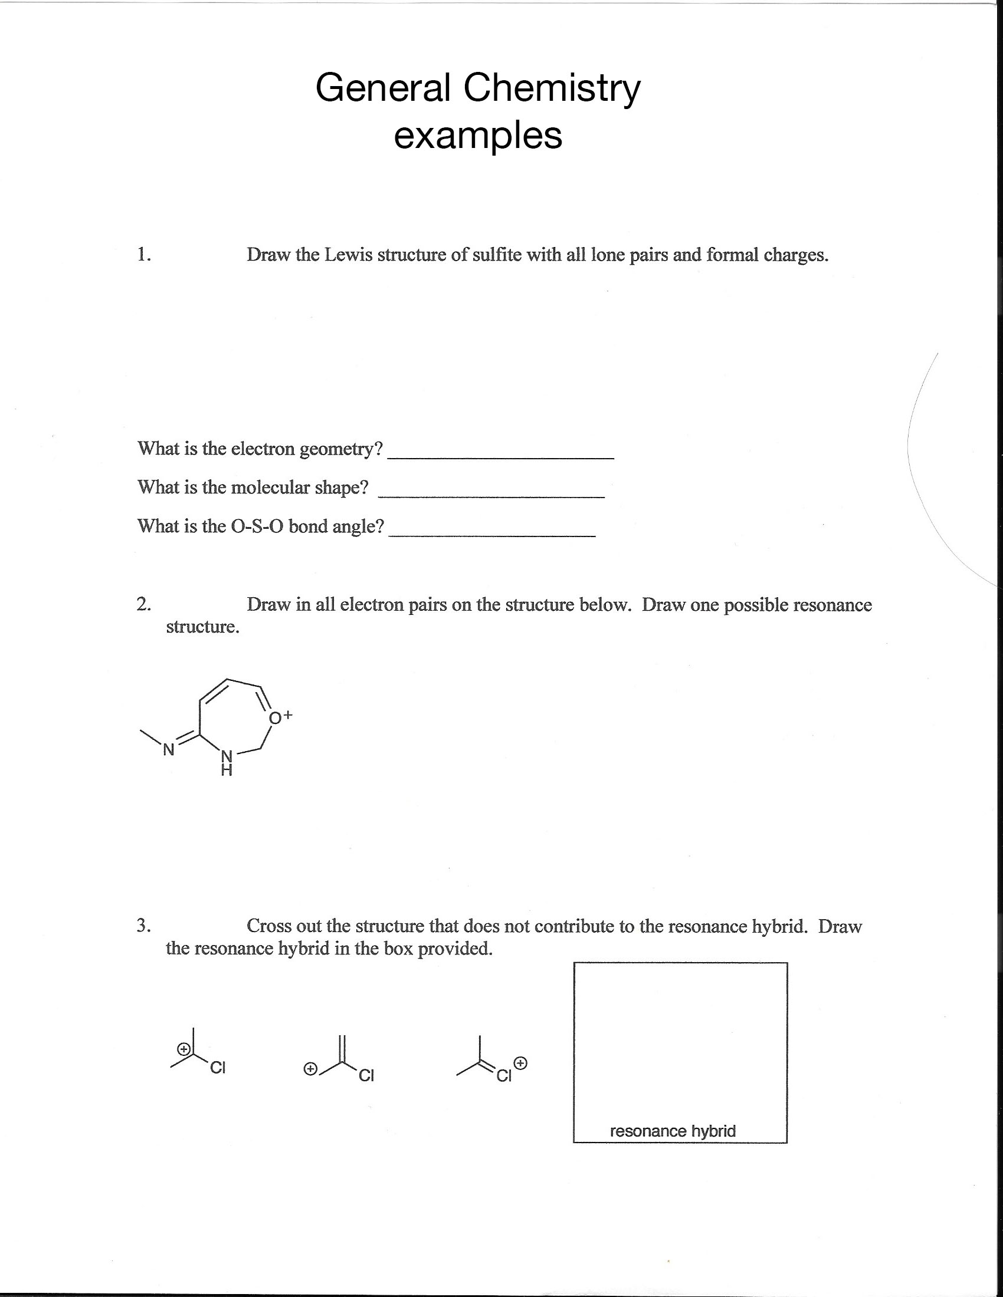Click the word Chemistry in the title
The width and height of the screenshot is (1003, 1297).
point(552,88)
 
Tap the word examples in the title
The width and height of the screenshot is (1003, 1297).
point(478,136)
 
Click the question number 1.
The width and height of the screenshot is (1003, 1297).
point(144,254)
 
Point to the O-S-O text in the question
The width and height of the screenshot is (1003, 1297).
point(257,526)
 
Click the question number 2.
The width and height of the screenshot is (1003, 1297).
point(144,604)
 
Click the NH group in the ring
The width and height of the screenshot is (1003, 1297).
point(227,762)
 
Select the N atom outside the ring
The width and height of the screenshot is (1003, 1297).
point(169,750)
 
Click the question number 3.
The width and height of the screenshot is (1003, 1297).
point(144,925)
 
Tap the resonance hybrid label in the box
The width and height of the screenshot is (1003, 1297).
point(673,1131)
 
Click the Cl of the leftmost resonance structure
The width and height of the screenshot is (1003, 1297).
point(218,1068)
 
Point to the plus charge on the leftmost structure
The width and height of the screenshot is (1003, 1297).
point(185,1049)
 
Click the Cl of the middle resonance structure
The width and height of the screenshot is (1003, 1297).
point(366,1075)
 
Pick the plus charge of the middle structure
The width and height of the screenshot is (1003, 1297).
point(310,1069)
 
